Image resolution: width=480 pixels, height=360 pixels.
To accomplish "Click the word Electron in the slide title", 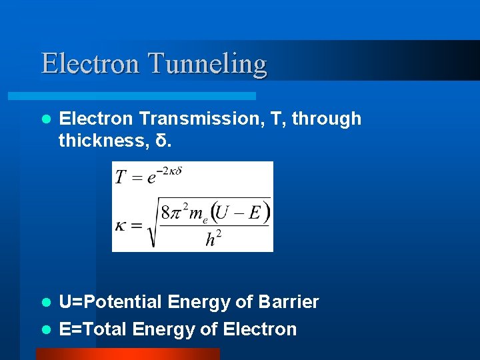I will click(91, 63).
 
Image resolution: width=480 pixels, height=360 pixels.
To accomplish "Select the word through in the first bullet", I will click(326, 119).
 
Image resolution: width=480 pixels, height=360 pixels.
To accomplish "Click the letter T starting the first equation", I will click(121, 177).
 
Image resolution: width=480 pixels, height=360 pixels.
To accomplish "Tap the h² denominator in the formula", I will click(212, 238).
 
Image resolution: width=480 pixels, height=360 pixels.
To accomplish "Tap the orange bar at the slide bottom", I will click(127, 354).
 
